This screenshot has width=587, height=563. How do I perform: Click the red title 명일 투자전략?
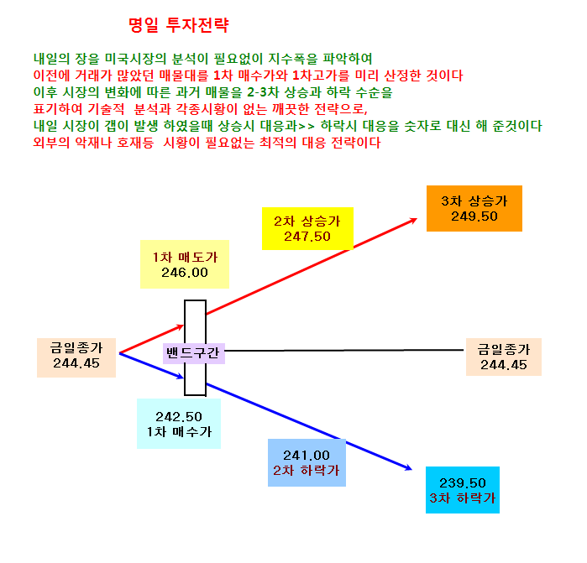[179, 25]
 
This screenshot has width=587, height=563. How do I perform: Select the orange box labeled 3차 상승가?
[474, 208]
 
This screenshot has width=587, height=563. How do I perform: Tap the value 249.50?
[474, 216]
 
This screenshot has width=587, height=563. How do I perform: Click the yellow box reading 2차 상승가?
[307, 228]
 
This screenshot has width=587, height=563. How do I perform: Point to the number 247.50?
[307, 237]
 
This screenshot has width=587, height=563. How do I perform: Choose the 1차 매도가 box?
[185, 264]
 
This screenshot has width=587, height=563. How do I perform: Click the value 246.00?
[185, 273]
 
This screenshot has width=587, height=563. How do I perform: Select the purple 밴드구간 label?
[193, 353]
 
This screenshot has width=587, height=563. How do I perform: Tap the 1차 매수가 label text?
[179, 432]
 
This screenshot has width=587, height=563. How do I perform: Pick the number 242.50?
[179, 417]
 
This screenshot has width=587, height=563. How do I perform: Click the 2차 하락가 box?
[307, 462]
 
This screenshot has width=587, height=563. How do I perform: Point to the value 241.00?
[307, 456]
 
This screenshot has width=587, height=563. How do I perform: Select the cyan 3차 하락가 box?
[463, 490]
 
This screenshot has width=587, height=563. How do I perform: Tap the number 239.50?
[463, 483]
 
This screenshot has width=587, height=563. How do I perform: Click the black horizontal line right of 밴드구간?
[344, 351]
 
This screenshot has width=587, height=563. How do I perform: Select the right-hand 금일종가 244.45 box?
[504, 357]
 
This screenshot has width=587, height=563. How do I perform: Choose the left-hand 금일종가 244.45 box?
[76, 357]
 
